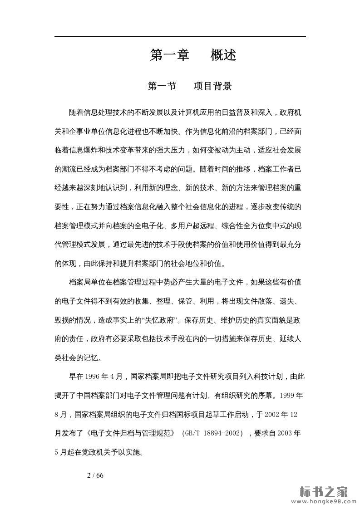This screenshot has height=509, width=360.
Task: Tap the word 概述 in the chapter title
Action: [x=223, y=55]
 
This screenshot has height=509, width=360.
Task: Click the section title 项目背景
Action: [x=212, y=86]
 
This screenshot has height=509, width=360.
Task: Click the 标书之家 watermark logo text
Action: [x=324, y=491]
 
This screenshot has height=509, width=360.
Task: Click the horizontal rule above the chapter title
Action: [x=180, y=36]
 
